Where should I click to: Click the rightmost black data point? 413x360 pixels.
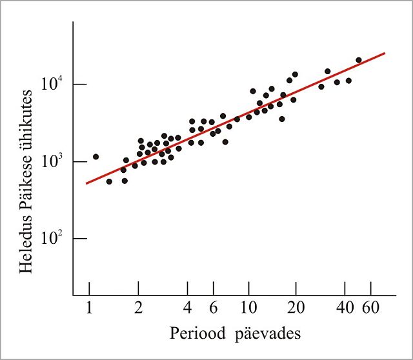(359, 60)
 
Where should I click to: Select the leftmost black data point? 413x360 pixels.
(96, 156)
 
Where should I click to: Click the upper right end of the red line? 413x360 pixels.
(385, 53)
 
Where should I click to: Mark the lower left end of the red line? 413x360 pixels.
(86, 184)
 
